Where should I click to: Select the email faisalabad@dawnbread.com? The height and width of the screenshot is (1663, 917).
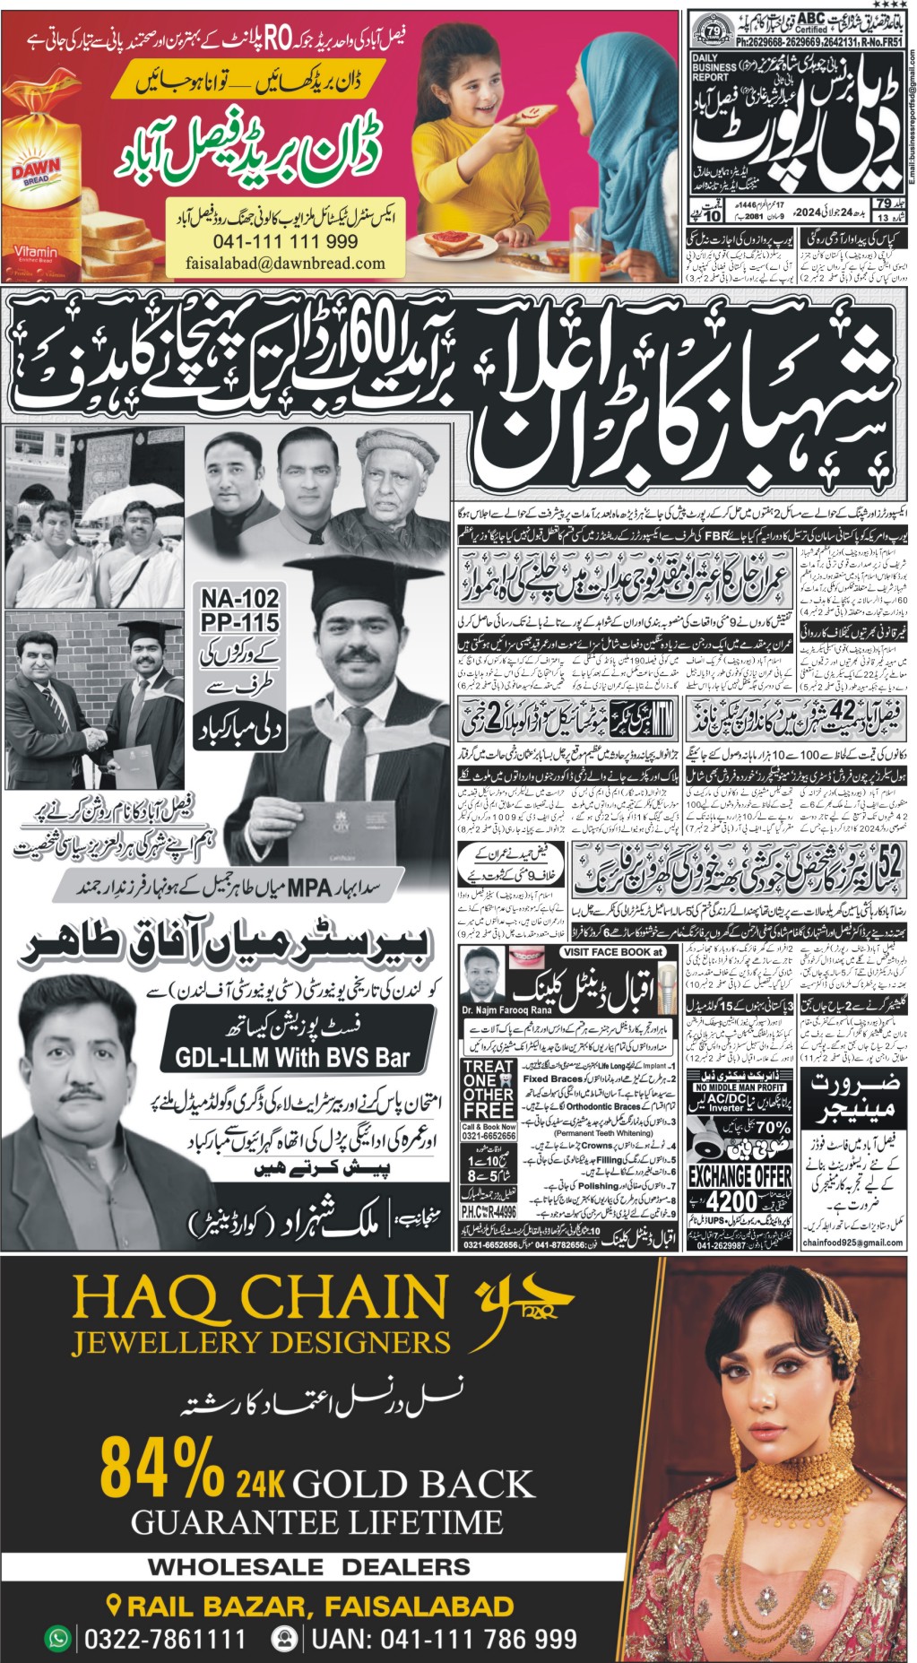click(x=285, y=264)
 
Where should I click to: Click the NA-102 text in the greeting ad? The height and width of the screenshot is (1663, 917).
click(x=239, y=598)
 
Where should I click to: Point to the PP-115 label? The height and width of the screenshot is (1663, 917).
click(x=239, y=622)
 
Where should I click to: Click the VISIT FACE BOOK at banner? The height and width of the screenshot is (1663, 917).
click(x=613, y=953)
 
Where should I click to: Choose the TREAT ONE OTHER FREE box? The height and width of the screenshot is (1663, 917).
click(x=489, y=1090)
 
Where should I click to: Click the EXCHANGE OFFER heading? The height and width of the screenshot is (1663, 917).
click(x=740, y=1176)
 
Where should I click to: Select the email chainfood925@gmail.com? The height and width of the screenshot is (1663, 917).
click(x=852, y=1243)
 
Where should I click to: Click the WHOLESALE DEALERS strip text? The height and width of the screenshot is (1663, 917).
click(x=308, y=1567)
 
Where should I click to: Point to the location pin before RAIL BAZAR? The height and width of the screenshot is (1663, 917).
click(x=114, y=1605)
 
